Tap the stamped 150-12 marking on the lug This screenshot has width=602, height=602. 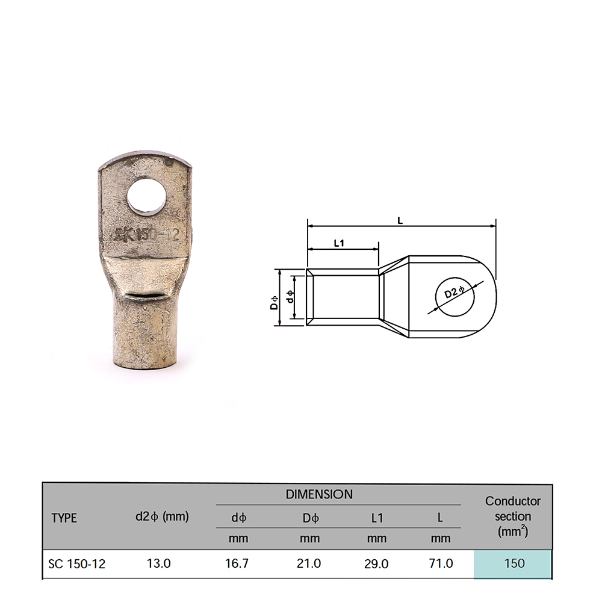158,235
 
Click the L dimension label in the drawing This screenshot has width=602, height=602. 400,220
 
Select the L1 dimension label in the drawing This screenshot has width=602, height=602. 339,243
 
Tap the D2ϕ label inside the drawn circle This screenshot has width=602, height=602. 455,292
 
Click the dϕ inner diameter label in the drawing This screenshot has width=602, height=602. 291,296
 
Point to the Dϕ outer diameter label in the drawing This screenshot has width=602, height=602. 274,303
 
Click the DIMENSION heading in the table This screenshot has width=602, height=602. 319,494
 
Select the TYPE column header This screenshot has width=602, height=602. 64,518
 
